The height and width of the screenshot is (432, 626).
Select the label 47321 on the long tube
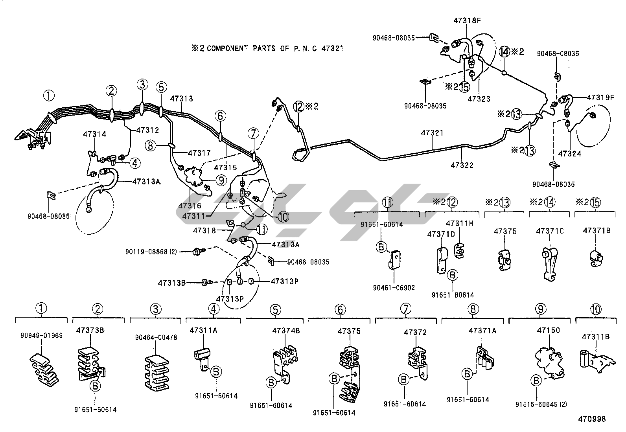432,133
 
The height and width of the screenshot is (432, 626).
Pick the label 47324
569,154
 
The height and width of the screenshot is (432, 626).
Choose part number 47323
479,99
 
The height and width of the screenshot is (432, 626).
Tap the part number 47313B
171,282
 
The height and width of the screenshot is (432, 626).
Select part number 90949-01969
42,336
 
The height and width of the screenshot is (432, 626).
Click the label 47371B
597,231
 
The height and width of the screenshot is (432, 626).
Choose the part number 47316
190,206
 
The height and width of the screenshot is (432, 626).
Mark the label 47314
94,134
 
